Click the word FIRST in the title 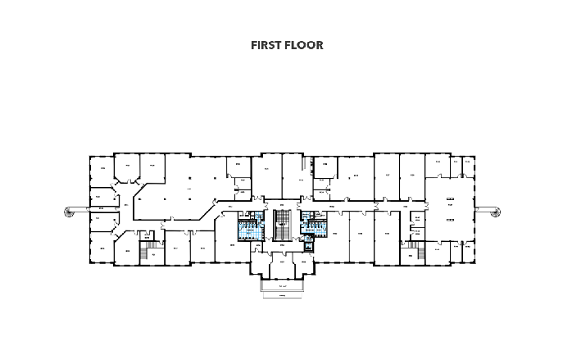(x=267, y=45)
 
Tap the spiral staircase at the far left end (x=69, y=212)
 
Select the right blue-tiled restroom (x=314, y=224)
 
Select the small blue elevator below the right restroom (x=307, y=244)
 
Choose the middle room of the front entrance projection (x=282, y=266)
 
